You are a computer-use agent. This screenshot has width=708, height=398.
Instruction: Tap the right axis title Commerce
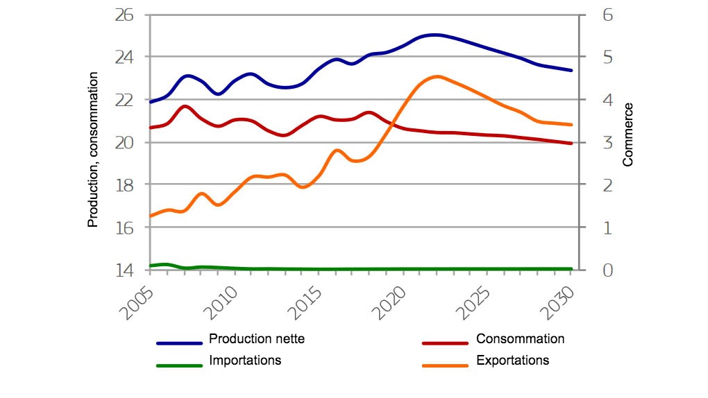click(x=628, y=135)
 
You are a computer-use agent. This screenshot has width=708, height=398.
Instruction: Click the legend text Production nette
click(x=257, y=339)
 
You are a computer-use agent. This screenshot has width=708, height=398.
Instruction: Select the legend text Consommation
click(x=520, y=339)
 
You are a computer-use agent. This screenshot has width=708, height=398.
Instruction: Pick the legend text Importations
click(x=245, y=361)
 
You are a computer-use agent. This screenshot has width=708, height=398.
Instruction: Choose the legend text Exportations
click(x=512, y=361)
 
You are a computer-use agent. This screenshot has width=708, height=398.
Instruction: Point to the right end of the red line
click(x=571, y=144)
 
